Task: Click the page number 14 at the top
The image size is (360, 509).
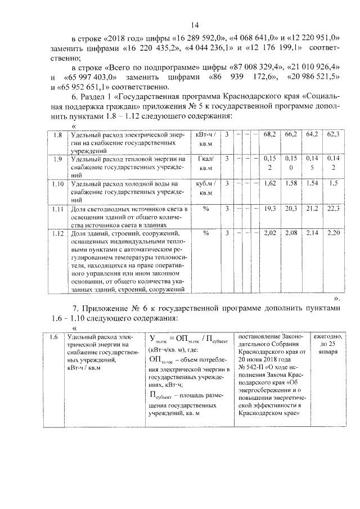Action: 195,25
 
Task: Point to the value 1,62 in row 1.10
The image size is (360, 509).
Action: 269,184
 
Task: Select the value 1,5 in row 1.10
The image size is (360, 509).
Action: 334,184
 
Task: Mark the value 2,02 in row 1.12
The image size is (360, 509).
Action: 269,232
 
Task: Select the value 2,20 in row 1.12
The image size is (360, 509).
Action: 333,232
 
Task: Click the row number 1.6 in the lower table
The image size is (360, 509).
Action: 53,337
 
